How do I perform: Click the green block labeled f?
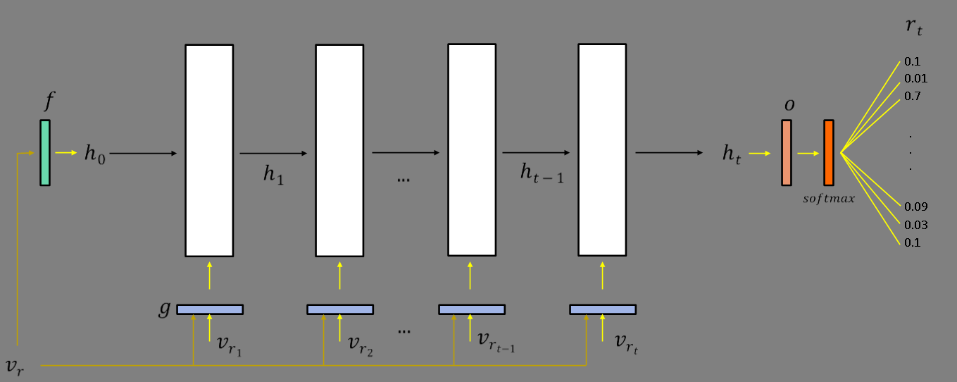[45, 152]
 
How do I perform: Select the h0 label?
[94, 154]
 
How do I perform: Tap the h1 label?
[273, 174]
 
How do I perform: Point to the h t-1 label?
[542, 173]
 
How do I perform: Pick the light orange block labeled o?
[786, 152]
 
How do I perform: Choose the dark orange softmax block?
[829, 152]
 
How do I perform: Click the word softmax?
[829, 199]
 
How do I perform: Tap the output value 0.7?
[912, 96]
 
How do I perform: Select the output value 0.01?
[915, 78]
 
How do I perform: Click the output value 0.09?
[915, 207]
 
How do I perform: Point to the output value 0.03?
[915, 225]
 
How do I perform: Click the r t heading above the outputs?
[913, 28]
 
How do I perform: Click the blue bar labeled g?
[210, 309]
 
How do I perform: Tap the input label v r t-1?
[496, 341]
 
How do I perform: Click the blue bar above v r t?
[603, 309]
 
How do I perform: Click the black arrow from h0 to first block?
[144, 153]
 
